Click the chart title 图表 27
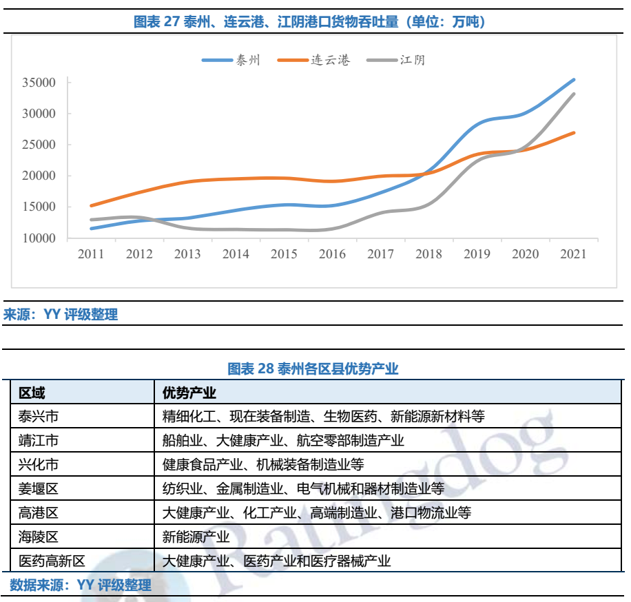click(309, 21)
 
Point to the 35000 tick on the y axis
click(39, 83)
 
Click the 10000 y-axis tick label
click(39, 238)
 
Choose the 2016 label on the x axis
click(332, 254)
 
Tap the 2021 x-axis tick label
click(573, 254)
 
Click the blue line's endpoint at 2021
click(574, 80)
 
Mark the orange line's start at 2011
click(92, 205)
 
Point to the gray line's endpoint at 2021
click(574, 94)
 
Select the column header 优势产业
click(189, 393)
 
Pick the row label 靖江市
click(39, 440)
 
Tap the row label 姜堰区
click(39, 488)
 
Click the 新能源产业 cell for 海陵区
click(196, 537)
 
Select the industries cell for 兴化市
click(262, 464)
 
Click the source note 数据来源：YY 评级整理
click(81, 585)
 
